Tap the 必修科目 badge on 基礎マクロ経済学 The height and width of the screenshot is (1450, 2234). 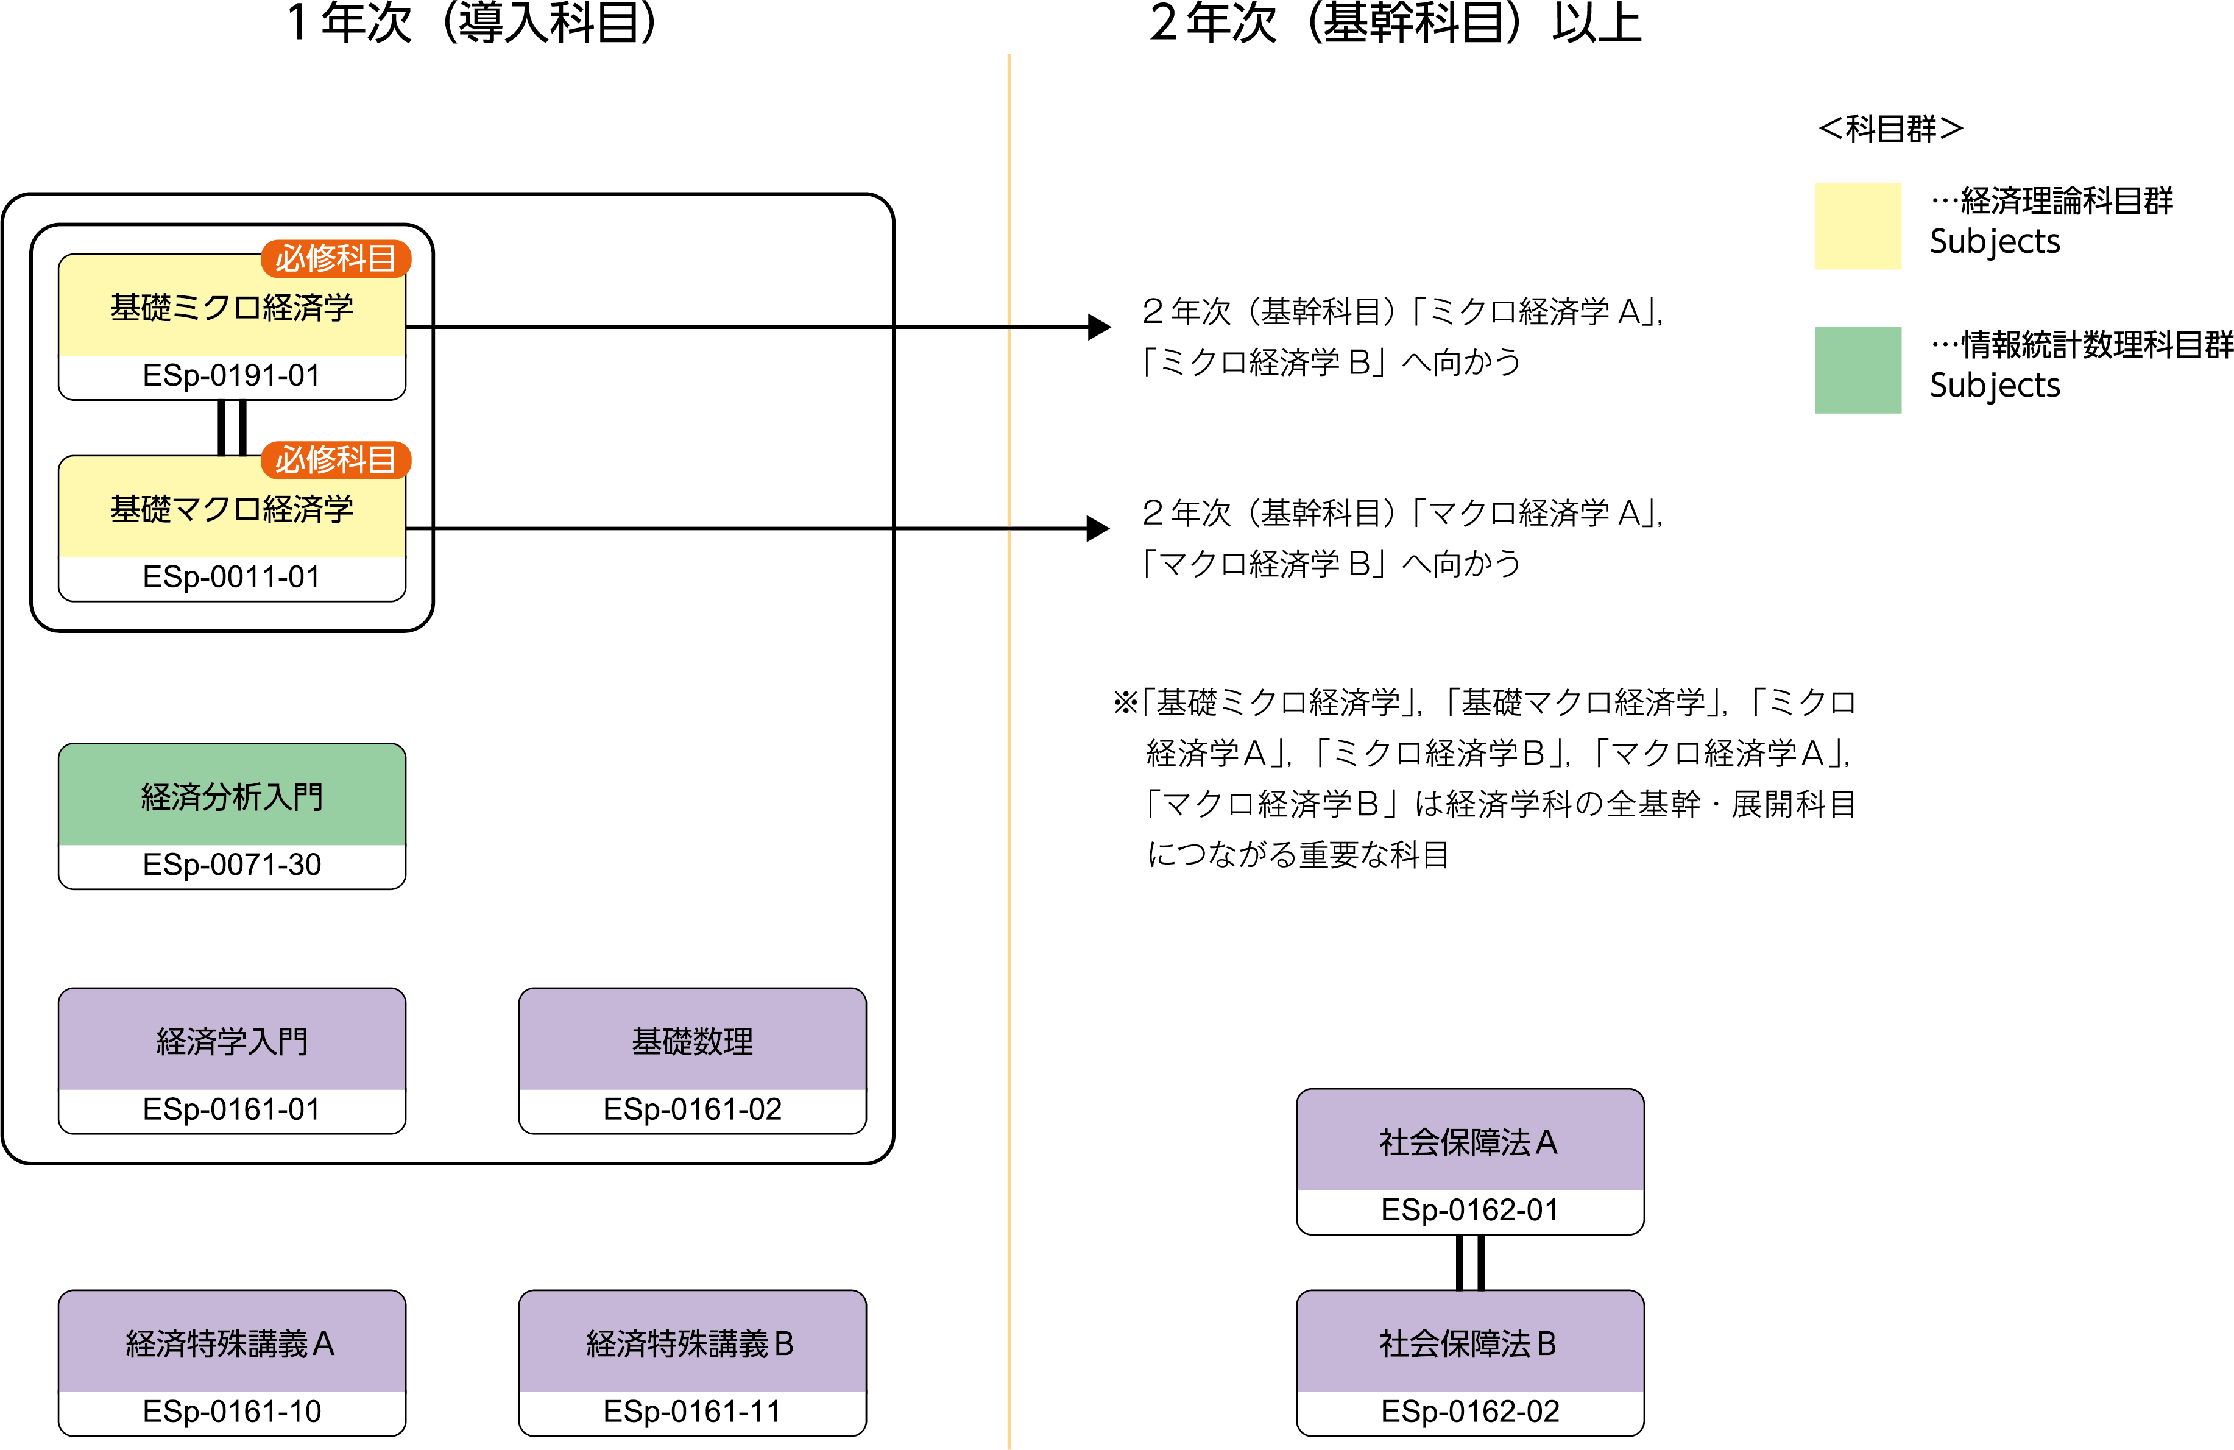[x=335, y=460]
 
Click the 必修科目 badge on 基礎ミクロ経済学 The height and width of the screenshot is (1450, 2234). [x=335, y=258]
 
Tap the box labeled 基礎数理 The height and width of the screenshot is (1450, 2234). [x=692, y=1041]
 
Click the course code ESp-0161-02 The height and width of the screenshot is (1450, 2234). [x=692, y=1109]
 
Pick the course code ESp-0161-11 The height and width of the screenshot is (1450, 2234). [x=692, y=1412]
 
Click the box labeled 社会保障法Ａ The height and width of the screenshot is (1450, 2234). [x=1469, y=1141]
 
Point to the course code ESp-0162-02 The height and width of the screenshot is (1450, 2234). [x=1469, y=1412]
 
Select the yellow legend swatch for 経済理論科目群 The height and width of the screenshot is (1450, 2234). [x=1857, y=226]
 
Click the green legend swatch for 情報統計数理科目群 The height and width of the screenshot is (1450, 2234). [x=1857, y=370]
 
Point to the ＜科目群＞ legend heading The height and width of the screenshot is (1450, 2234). [x=1890, y=129]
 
